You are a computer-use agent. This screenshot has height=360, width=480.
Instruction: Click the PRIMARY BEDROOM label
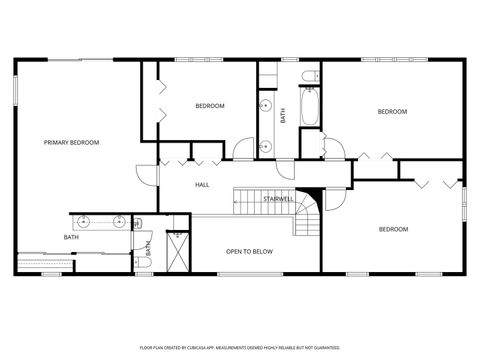(71, 143)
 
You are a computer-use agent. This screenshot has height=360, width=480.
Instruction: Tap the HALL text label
(202, 185)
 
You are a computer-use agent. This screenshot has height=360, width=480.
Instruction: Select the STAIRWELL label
(278, 199)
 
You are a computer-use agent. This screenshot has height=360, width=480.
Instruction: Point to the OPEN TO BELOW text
(249, 251)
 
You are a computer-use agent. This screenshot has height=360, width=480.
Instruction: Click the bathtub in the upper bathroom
(308, 107)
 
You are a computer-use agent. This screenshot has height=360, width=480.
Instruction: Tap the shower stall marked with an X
(178, 251)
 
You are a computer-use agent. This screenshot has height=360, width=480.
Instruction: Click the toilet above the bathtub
(309, 74)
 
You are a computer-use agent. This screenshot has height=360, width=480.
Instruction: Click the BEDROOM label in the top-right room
(392, 111)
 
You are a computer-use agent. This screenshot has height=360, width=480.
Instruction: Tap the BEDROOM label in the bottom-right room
(393, 229)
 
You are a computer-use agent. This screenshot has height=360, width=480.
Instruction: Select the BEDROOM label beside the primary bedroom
(209, 106)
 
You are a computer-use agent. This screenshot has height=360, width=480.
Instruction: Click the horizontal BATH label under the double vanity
(71, 237)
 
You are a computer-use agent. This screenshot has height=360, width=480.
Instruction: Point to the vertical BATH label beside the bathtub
(283, 116)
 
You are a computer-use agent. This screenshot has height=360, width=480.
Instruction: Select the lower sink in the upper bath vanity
(266, 145)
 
